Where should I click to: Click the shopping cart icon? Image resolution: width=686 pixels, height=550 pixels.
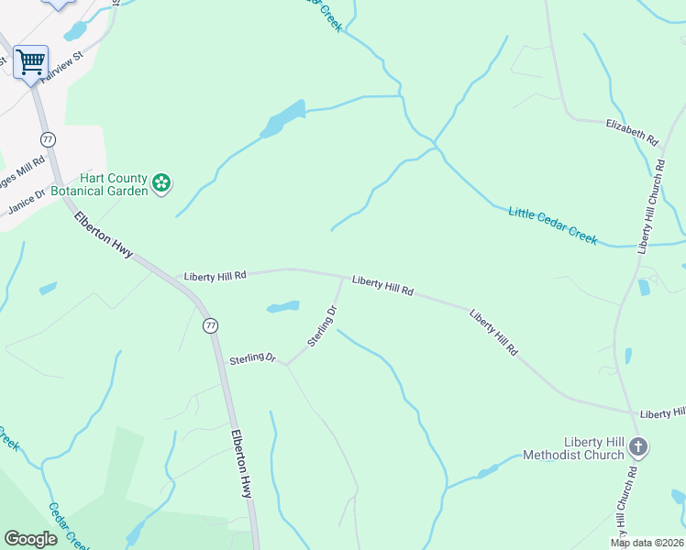(30, 61)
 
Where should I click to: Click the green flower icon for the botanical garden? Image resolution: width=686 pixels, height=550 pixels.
(161, 183)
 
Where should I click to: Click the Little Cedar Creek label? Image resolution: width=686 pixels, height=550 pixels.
(552, 225)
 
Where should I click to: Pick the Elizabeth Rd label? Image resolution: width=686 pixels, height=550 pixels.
(632, 132)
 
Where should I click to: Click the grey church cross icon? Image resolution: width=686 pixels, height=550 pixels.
(638, 448)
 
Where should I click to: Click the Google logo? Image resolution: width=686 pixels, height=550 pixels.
(30, 538)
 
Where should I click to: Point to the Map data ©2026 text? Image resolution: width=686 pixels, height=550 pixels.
(647, 543)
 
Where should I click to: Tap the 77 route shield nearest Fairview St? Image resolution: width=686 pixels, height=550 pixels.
(49, 139)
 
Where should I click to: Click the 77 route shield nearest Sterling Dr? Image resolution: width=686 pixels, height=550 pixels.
(211, 325)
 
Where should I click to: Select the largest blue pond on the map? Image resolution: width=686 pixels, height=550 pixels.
(283, 119)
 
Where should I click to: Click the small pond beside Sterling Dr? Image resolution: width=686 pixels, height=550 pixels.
(283, 306)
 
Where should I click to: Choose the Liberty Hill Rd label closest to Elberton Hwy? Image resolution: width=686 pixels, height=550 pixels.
(215, 275)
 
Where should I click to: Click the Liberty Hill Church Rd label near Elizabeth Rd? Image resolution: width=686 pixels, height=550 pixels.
(651, 206)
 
